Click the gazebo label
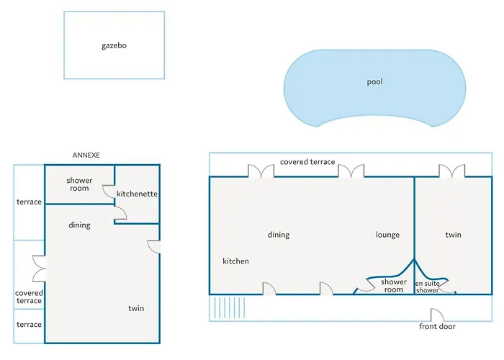pos(114,45)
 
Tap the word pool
pos(375,82)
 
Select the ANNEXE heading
pos(86,156)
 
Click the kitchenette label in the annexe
pos(137,194)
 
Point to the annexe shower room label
pos(79,184)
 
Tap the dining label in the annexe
pos(79,225)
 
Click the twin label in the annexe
pos(136,308)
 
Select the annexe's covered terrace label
pos(29,297)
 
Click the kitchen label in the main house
pos(235,261)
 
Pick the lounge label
pos(387,235)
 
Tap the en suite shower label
pos(427,287)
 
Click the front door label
pos(437,327)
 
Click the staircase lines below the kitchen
pos(230,307)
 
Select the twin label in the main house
pos(453,235)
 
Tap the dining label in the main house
pos(279,235)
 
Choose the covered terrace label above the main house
pos(307,162)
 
